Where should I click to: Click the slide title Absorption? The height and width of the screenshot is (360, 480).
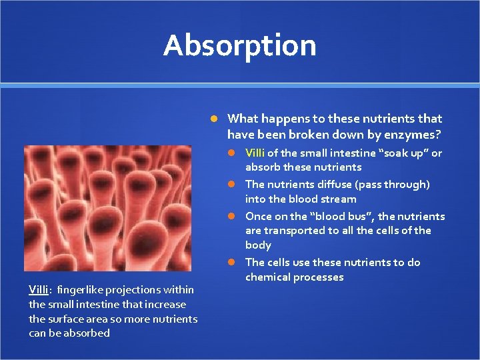click(239, 45)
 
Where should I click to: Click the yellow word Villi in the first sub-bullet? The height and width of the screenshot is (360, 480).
click(255, 153)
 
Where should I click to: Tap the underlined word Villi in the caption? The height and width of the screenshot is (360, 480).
click(38, 289)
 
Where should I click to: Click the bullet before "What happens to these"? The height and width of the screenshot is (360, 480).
click(214, 119)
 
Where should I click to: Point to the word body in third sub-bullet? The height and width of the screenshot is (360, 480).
click(258, 245)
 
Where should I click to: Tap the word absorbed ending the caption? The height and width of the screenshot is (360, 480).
click(85, 333)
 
